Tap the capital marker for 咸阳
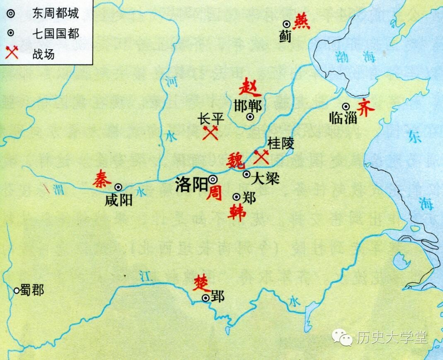[119, 187]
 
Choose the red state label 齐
[366, 107]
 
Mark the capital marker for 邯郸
[250, 117]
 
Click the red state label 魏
[235, 159]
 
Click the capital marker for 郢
[206, 297]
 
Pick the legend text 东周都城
[54, 14]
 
